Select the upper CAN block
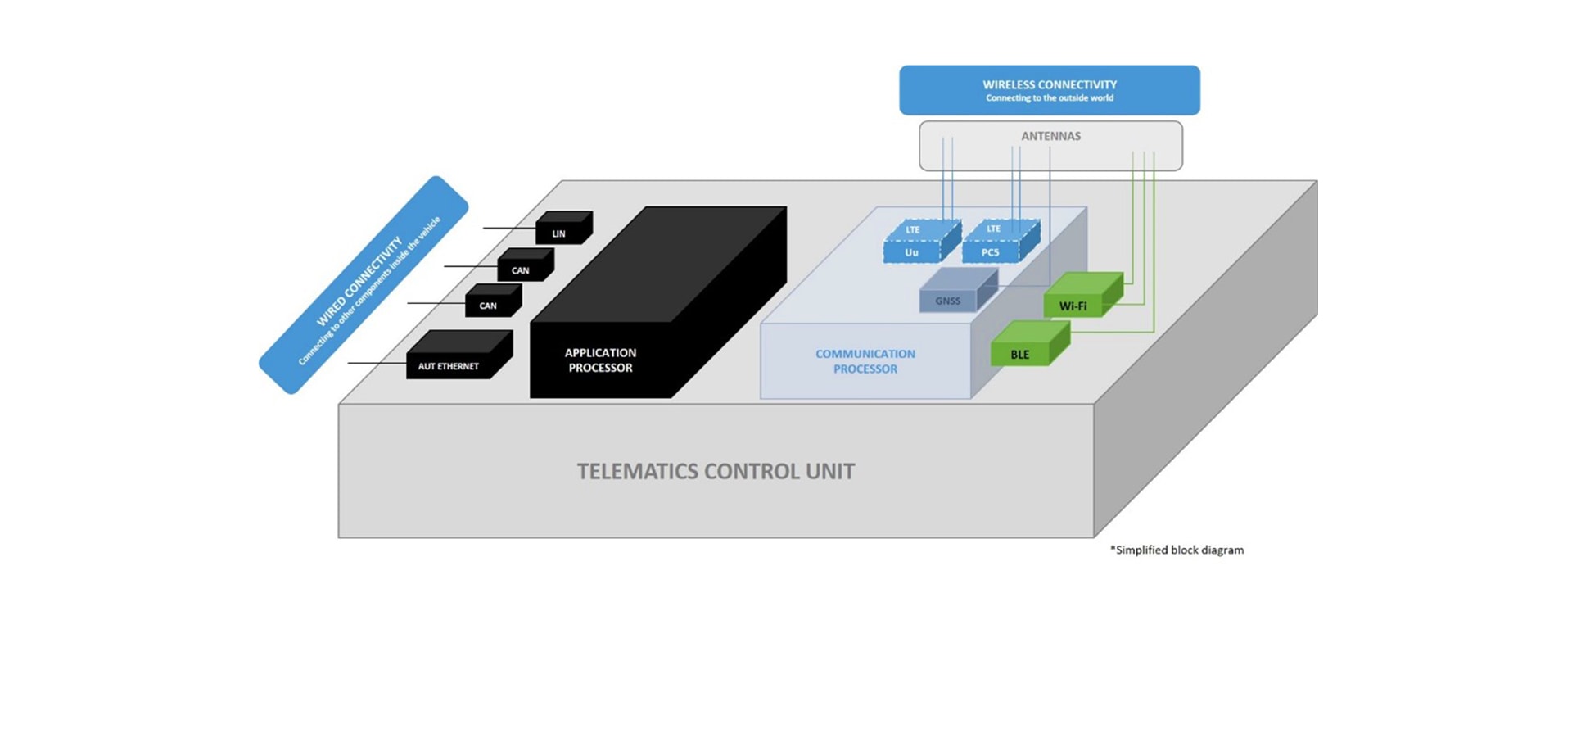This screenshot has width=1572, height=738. point(522,269)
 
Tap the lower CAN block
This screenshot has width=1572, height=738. point(490,304)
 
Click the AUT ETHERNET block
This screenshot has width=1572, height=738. point(450,364)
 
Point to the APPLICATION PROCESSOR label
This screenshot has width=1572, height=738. point(600,360)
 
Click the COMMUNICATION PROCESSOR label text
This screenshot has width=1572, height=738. point(865,361)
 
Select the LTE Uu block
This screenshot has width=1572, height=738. point(913,245)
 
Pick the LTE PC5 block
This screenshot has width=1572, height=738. point(992,244)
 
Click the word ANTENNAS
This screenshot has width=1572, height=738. point(1050,136)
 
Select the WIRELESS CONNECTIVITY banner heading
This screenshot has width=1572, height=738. point(1050,84)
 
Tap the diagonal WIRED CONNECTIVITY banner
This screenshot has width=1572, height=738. point(364,285)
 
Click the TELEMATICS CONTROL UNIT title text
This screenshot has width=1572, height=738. point(716,472)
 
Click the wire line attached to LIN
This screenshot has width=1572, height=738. point(508,228)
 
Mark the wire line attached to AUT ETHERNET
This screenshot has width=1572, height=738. point(377,363)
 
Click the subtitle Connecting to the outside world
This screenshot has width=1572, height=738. point(1050,98)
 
